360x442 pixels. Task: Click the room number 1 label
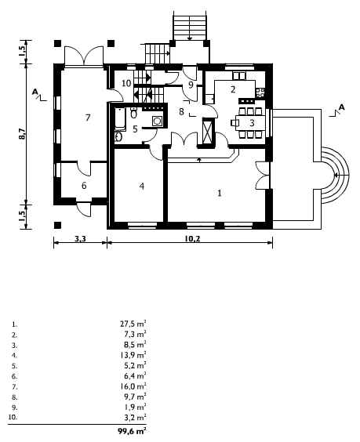(220, 193)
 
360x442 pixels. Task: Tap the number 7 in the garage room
(88, 118)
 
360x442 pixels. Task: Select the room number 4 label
(142, 187)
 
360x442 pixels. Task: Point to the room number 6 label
(84, 186)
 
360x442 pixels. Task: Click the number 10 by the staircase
(127, 83)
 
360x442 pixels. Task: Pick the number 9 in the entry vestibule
(191, 85)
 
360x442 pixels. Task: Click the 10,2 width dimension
(192, 239)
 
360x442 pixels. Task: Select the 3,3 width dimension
(80, 239)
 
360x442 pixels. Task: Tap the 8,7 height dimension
(23, 133)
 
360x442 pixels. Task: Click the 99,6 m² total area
(132, 431)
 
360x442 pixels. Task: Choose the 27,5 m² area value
(133, 324)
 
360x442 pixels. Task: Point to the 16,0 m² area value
(133, 386)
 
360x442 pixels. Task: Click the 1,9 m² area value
(135, 408)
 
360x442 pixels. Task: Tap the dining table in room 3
(251, 123)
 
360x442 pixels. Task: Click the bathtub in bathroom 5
(120, 119)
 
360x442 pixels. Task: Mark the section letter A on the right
(341, 107)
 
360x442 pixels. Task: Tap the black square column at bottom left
(57, 225)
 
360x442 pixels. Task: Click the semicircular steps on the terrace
(336, 176)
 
